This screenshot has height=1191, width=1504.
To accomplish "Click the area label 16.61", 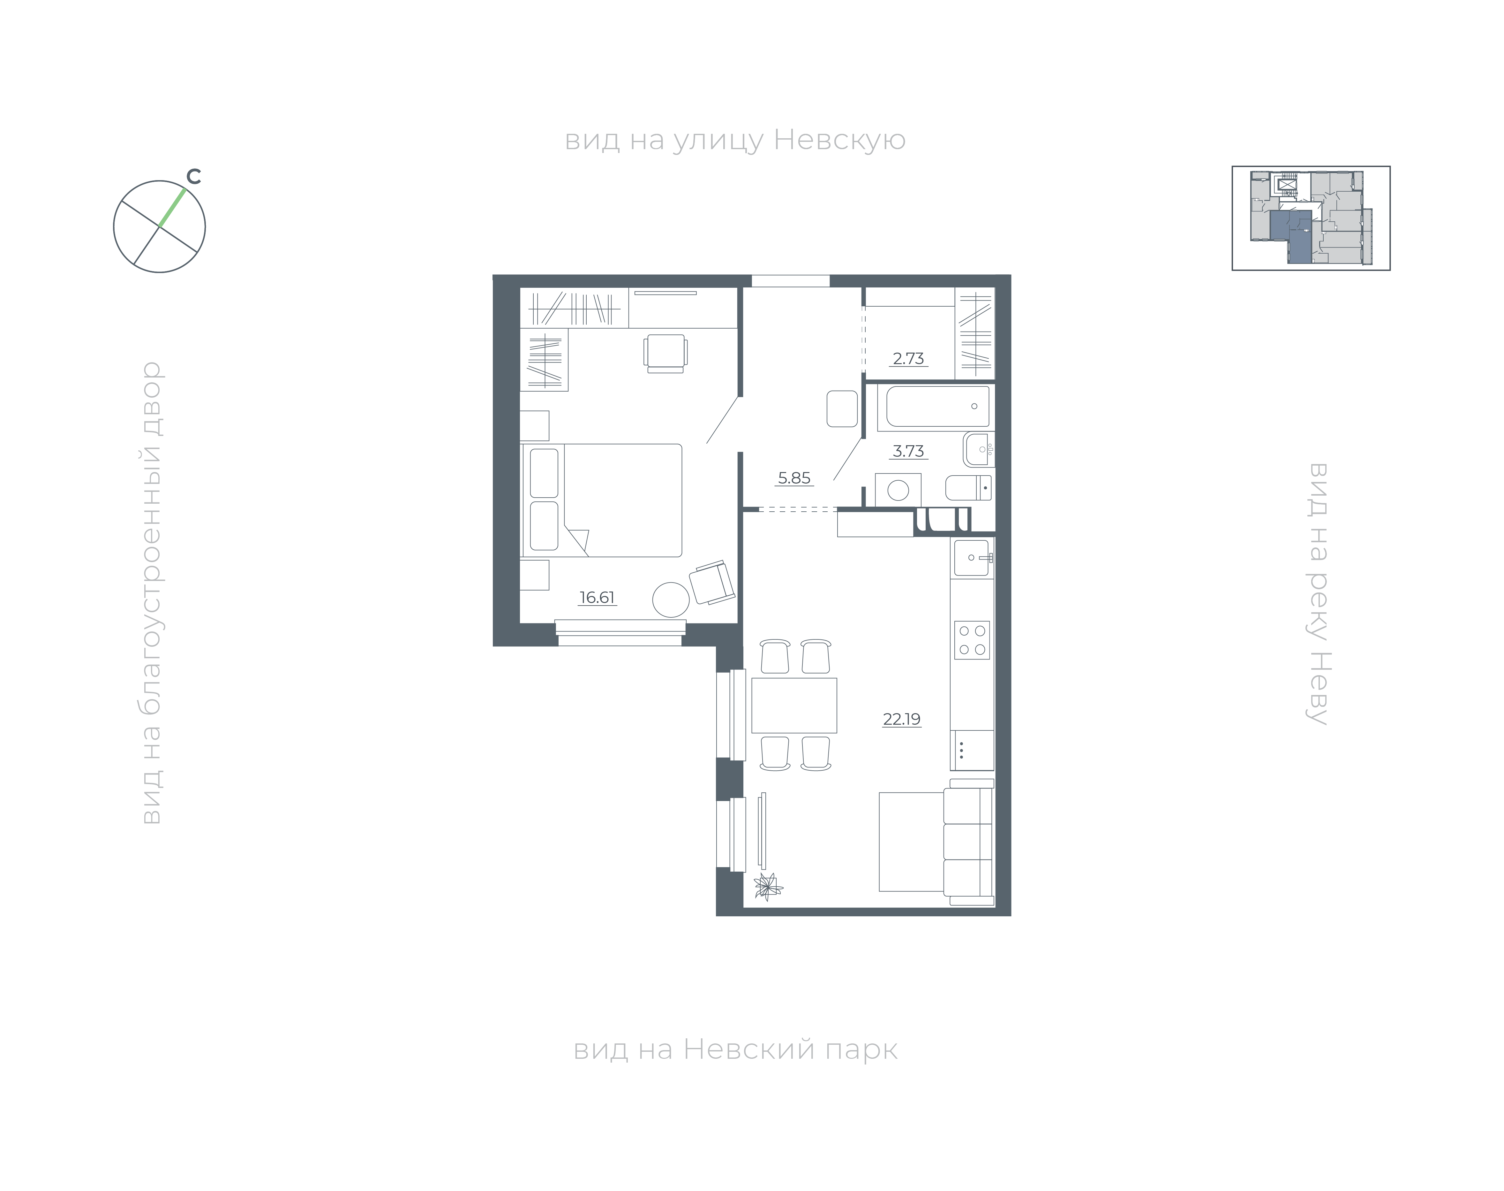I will (x=597, y=598).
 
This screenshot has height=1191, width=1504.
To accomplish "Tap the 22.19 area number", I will (x=901, y=719).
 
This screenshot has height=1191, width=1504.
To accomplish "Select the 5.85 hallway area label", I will (x=794, y=478).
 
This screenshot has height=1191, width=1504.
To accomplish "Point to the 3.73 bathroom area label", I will (x=908, y=451).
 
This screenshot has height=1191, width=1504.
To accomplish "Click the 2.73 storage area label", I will (x=908, y=358).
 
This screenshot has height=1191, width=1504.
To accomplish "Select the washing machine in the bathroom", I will (x=898, y=490).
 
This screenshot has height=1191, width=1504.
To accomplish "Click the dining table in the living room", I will (x=794, y=705).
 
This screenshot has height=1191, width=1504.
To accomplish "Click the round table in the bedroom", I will (x=671, y=599).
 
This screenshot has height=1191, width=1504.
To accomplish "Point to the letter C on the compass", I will (x=194, y=177).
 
